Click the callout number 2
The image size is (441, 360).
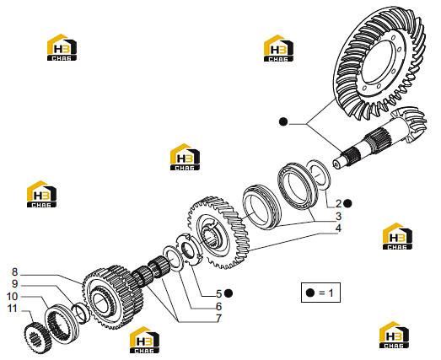[338, 203]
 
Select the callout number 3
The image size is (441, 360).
[338, 216]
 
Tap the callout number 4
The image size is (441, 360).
[338, 228]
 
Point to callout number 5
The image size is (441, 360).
[219, 293]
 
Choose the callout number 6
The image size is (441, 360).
[219, 306]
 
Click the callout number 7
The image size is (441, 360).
[219, 319]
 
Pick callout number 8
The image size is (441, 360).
[14, 272]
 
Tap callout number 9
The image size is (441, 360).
[14, 284]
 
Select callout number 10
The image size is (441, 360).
[12, 296]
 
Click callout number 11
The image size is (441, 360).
[12, 309]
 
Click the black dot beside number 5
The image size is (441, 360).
[229, 293]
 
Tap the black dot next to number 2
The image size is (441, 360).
[347, 203]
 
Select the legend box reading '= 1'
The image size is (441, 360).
[320, 293]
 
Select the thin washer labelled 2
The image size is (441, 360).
[319, 175]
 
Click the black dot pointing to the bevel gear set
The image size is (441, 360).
[283, 121]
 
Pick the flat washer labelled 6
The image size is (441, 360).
[172, 259]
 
